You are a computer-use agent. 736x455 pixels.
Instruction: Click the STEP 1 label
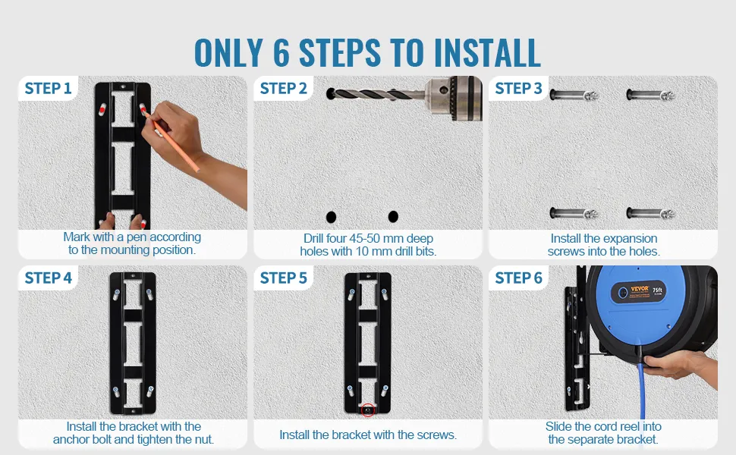tap(48, 88)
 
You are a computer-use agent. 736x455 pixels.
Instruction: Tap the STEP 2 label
tap(284, 88)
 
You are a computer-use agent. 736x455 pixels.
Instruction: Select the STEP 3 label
tap(519, 88)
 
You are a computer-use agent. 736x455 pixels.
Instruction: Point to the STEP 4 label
tap(48, 278)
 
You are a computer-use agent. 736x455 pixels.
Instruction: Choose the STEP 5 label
tap(284, 278)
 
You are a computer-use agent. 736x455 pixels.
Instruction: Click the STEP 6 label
tap(519, 278)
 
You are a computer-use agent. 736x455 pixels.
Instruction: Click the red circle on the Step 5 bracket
tap(368, 409)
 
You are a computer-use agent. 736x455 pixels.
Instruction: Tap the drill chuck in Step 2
tap(454, 98)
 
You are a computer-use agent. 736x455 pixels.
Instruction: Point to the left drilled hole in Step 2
tap(331, 217)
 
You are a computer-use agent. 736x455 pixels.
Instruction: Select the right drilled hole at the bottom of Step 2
tap(393, 216)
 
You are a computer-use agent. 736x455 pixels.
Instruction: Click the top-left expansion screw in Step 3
tap(574, 96)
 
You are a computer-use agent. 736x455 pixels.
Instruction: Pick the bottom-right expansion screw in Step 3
tap(650, 214)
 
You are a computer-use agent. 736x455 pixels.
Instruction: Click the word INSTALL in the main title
tap(487, 52)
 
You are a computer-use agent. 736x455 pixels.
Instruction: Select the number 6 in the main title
tap(282, 52)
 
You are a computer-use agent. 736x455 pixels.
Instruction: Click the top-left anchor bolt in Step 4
tap(116, 294)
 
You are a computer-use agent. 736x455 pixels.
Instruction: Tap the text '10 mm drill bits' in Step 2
tap(395, 252)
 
